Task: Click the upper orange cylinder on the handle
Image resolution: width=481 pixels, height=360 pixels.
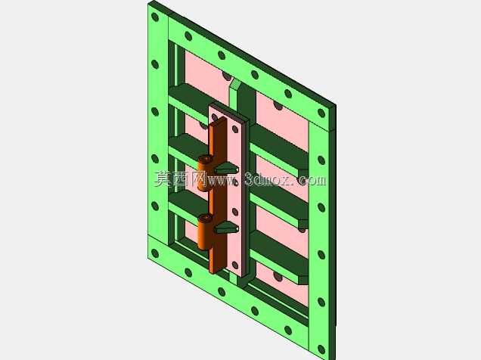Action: tap(204, 173)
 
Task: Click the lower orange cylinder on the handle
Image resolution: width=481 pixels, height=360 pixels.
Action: tap(204, 232)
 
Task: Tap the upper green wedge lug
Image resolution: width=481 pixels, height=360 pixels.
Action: tap(226, 168)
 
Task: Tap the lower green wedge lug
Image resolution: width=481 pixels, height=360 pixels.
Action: tap(226, 227)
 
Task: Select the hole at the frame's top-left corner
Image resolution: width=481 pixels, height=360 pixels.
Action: tap(155, 17)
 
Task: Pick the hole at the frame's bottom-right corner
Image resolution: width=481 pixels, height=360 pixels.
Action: tap(321, 349)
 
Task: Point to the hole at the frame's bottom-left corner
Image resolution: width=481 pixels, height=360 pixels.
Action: tap(155, 253)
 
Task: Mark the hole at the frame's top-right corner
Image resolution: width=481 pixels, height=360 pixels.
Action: tap(321, 113)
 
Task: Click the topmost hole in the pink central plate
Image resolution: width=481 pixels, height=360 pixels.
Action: tap(235, 129)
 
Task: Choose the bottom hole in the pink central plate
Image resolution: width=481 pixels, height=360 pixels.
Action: tap(235, 265)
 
